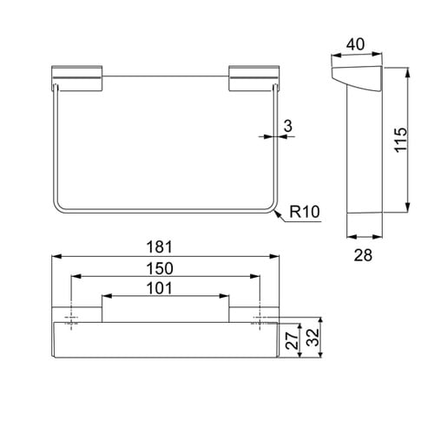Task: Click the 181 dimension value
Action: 159,247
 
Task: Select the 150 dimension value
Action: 160,268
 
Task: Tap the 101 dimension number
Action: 160,288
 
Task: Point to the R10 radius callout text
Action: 305,212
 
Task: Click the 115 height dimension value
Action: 401,140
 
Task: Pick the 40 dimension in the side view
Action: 355,44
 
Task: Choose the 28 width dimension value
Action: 363,255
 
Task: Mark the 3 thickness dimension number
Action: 288,126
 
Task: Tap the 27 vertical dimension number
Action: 292,339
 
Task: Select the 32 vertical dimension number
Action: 312,338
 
